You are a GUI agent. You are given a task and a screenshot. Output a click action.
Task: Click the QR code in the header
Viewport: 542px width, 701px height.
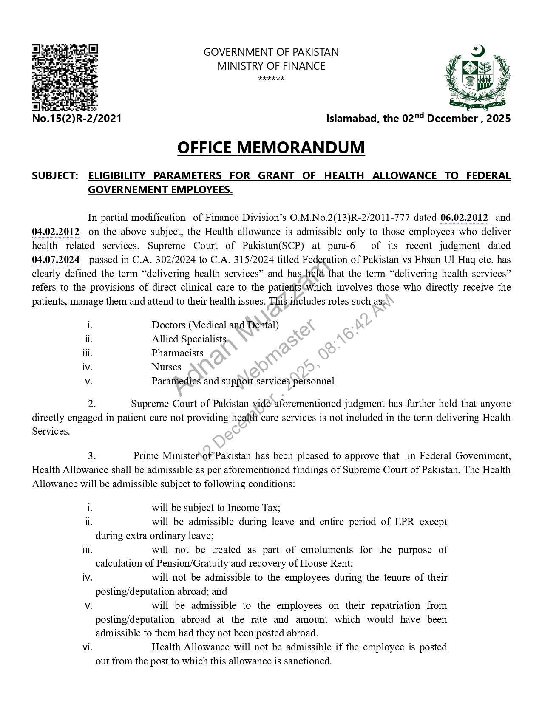pos(65,77)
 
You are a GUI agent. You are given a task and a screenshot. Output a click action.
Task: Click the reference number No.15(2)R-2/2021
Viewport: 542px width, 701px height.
pos(77,119)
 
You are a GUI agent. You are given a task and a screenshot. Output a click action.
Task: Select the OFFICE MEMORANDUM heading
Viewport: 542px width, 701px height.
pos(271,147)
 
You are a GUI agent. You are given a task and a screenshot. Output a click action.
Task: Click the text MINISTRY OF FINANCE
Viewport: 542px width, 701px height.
pos(271,66)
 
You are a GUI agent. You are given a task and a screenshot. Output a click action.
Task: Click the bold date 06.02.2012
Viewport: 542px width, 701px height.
pos(464,218)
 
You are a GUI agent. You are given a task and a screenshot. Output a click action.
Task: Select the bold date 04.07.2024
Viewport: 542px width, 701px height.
pos(56,260)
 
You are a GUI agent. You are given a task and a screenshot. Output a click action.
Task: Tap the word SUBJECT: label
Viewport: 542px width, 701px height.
pos(55,176)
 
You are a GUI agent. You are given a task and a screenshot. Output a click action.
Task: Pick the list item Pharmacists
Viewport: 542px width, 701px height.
pos(177,353)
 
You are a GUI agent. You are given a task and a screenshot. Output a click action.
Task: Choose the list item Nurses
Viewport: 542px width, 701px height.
pos(166,367)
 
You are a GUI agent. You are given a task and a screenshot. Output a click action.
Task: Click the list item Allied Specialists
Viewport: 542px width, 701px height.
pos(189,339)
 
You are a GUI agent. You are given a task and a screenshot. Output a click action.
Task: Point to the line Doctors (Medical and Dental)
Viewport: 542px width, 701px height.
pos(215,325)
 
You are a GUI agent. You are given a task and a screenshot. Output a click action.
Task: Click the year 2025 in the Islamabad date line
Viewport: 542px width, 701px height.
pos(498,119)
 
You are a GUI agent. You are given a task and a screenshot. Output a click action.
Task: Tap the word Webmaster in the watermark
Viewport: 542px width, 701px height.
pos(275,354)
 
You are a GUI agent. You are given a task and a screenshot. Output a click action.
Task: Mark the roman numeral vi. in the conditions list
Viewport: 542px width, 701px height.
pos(87,647)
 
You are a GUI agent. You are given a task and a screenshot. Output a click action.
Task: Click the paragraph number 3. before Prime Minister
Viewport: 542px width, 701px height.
pos(92,456)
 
